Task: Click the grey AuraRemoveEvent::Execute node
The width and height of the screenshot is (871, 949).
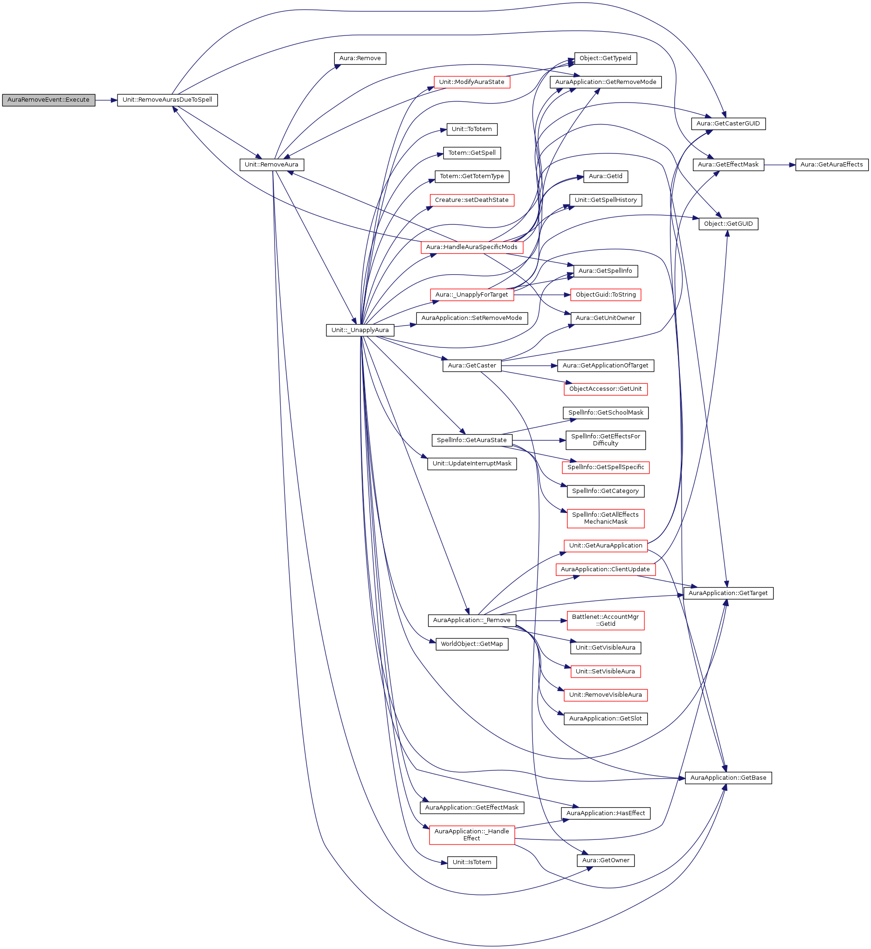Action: pyautogui.click(x=48, y=100)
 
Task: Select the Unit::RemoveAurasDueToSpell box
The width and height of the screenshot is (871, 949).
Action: pyautogui.click(x=167, y=100)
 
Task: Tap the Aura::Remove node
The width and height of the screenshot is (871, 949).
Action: pyautogui.click(x=360, y=58)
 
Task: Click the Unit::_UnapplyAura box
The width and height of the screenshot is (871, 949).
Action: pyautogui.click(x=360, y=330)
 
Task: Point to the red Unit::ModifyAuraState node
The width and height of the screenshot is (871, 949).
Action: pyautogui.click(x=472, y=82)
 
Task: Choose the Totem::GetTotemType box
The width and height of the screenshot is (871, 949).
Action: pyautogui.click(x=472, y=176)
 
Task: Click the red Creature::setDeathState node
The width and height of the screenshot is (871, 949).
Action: pyautogui.click(x=472, y=200)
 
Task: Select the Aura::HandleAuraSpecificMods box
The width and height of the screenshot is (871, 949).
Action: pyautogui.click(x=472, y=247)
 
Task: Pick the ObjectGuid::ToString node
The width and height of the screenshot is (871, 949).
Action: pyautogui.click(x=606, y=295)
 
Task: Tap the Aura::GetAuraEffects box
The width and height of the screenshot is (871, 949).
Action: pyautogui.click(x=831, y=165)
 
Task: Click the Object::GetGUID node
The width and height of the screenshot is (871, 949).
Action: pyautogui.click(x=728, y=224)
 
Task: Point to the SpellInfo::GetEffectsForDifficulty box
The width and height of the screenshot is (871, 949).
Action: pyautogui.click(x=606, y=440)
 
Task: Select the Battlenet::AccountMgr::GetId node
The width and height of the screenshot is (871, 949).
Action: pyautogui.click(x=606, y=620)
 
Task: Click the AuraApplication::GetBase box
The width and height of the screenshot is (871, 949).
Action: pyautogui.click(x=728, y=778)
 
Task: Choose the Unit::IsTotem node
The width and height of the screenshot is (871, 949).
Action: pyautogui.click(x=472, y=862)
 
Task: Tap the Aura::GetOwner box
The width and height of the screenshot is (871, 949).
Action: pyautogui.click(x=606, y=860)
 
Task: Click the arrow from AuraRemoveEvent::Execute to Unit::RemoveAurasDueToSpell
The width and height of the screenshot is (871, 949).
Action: pyautogui.click(x=106, y=100)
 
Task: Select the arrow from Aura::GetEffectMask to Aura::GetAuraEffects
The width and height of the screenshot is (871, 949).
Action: pyautogui.click(x=780, y=165)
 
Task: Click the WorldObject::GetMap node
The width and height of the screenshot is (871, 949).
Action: pyautogui.click(x=472, y=644)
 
